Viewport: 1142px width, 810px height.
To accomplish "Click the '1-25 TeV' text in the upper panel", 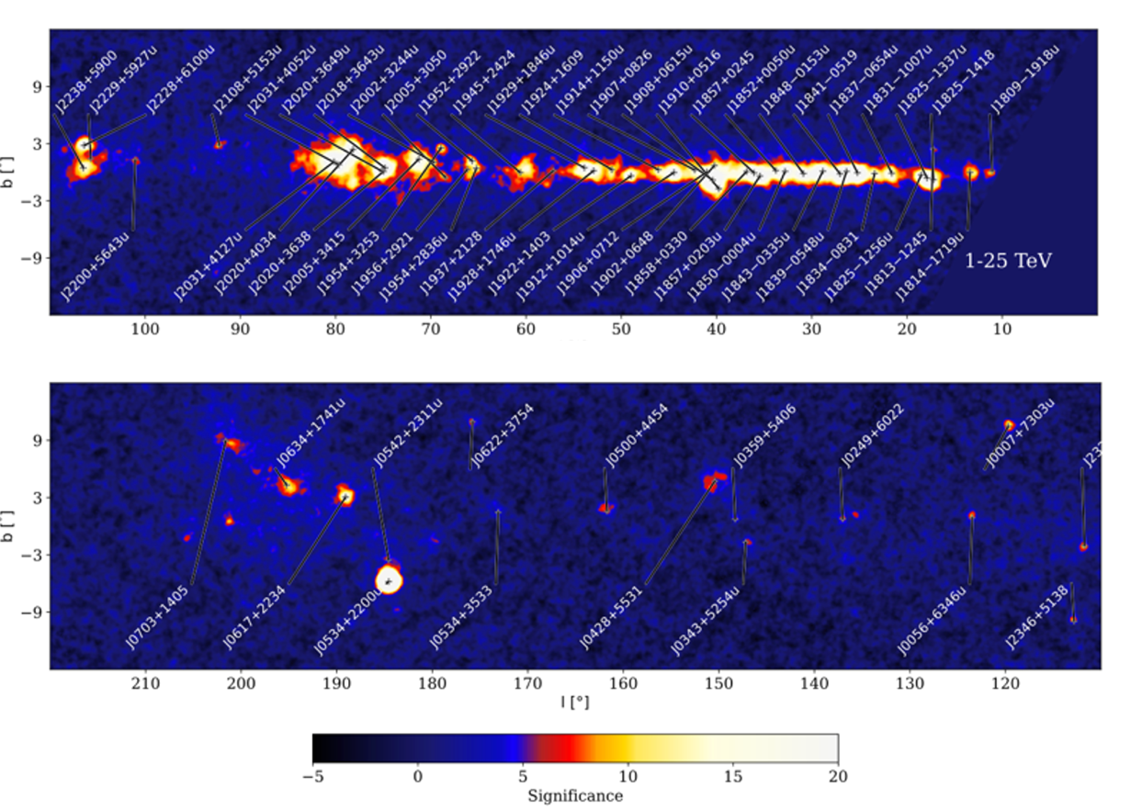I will [1008, 261].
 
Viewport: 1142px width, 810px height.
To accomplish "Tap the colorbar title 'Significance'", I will [575, 795].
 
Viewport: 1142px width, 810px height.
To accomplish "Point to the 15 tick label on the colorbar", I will [732, 776].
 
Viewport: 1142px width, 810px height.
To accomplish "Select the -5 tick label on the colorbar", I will [312, 776].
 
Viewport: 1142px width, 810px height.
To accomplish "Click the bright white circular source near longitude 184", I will [390, 579].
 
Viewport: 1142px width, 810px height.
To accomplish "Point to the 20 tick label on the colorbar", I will [837, 776].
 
